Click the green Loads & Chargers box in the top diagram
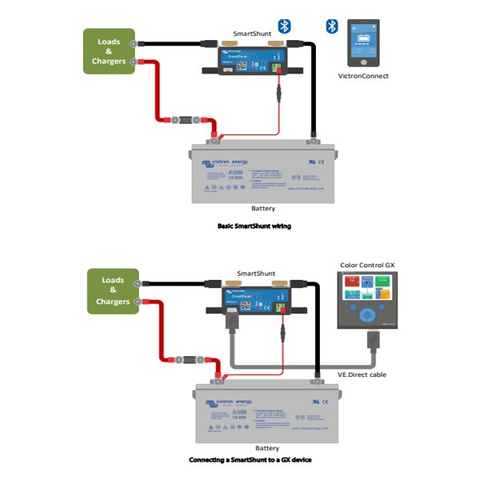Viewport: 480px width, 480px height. pyautogui.click(x=109, y=51)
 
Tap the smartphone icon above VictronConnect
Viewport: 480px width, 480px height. pyautogui.click(x=363, y=44)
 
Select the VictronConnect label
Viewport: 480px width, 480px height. pyautogui.click(x=363, y=76)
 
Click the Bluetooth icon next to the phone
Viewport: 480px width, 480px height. pyautogui.click(x=331, y=26)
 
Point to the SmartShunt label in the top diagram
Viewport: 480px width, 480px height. pyautogui.click(x=251, y=34)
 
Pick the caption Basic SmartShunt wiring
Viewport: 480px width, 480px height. pyautogui.click(x=254, y=226)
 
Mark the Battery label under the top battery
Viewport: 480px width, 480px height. pyautogui.click(x=263, y=208)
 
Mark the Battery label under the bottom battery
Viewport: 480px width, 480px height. pyautogui.click(x=266, y=448)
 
